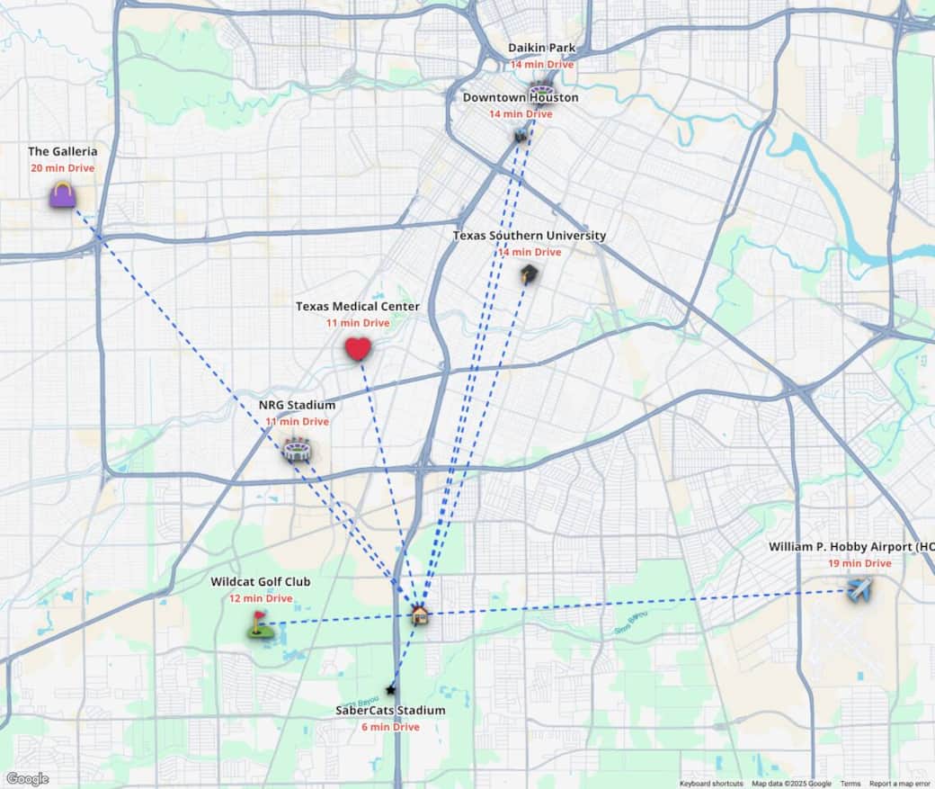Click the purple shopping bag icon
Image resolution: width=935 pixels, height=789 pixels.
click(62, 194)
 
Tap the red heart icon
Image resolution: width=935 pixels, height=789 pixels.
click(358, 349)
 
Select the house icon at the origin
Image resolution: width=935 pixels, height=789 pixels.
click(419, 615)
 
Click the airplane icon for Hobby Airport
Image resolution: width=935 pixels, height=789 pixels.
click(859, 589)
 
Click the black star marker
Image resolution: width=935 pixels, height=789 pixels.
click(390, 690)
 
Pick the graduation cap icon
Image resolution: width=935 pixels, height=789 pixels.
click(529, 274)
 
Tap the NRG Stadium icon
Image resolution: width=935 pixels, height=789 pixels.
click(296, 449)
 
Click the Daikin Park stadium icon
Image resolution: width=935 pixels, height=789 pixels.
click(541, 90)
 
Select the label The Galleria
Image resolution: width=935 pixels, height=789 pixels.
click(63, 152)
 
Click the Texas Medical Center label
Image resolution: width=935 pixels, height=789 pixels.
click(358, 307)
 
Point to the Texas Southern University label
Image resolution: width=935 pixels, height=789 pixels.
click(529, 236)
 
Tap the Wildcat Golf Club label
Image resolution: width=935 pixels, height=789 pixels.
click(261, 582)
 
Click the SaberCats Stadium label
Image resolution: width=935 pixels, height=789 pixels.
click(390, 711)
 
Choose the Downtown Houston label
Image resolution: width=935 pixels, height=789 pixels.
click(521, 98)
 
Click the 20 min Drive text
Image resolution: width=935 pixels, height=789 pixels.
click(62, 168)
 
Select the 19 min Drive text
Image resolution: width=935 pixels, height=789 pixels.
click(859, 564)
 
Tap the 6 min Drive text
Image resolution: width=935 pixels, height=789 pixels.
click(390, 727)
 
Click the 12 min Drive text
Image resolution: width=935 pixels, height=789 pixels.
click(261, 598)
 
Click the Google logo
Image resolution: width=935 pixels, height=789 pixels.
click(27, 779)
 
